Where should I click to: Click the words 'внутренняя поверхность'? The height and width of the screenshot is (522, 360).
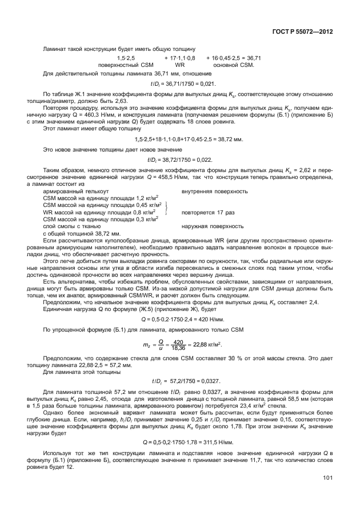point(214,191)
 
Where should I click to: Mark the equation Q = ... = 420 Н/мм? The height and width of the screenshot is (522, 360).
point(180,318)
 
